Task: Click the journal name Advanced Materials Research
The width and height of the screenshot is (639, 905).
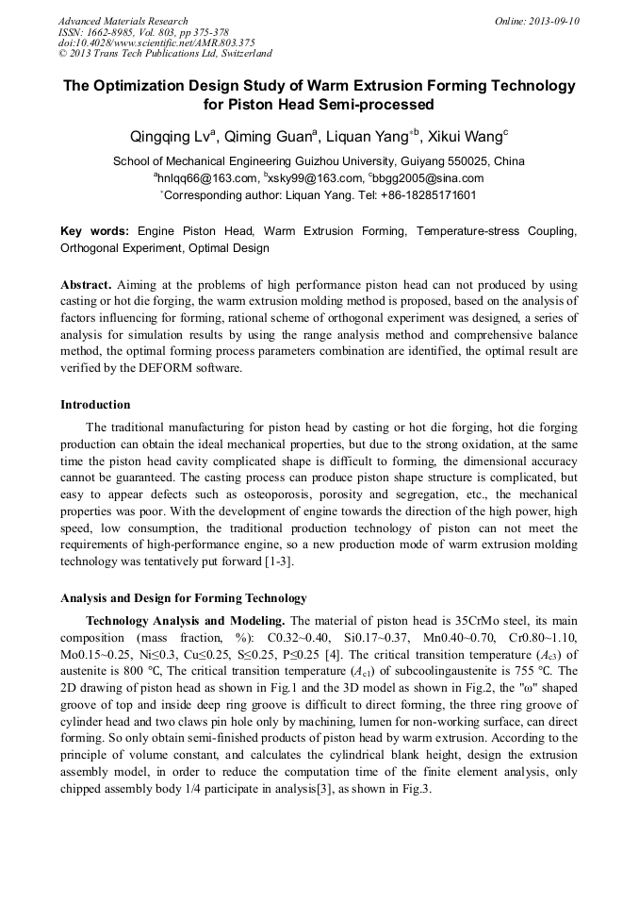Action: pos(123,21)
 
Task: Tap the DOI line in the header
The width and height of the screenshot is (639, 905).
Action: pos(156,42)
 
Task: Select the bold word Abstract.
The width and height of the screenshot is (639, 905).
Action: pos(86,284)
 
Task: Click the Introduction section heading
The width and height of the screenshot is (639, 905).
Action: pos(95,405)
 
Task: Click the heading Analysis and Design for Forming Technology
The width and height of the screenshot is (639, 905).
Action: pos(183,598)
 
